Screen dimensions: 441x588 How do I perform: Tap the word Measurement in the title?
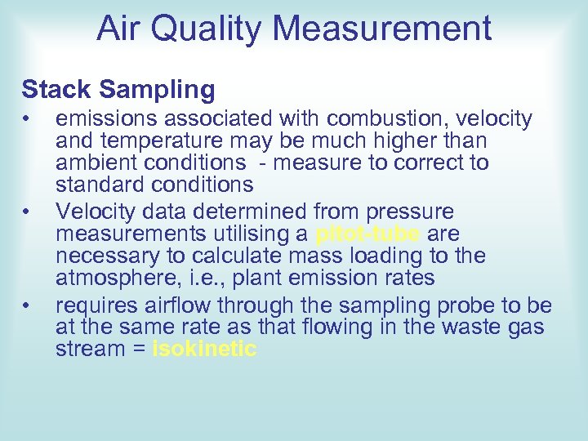tap(383, 29)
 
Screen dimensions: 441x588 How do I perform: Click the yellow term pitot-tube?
tap(367, 235)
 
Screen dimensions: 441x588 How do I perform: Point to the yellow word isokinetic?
tap(205, 350)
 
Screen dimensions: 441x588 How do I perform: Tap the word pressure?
tap(412, 213)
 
